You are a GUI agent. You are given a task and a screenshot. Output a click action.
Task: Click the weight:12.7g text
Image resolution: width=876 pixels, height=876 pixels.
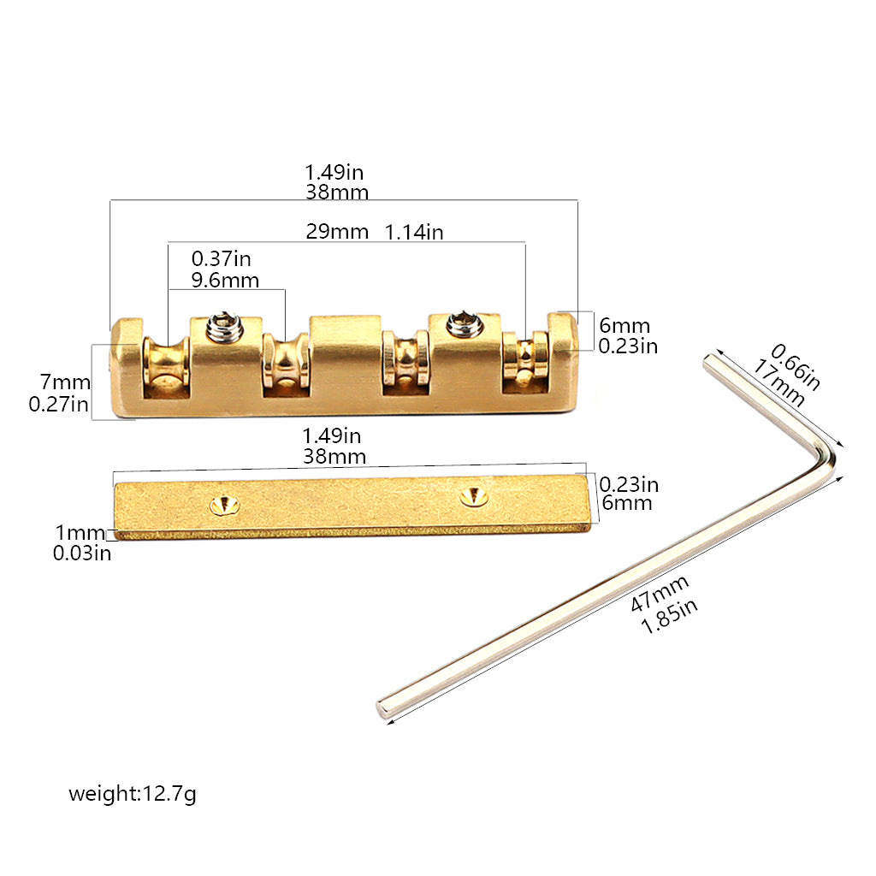pos(133,793)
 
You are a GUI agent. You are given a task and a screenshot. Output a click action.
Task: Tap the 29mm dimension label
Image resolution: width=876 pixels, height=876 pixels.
pos(337,231)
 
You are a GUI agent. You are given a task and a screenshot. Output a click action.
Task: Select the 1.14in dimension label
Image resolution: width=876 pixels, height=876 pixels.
pos(414,232)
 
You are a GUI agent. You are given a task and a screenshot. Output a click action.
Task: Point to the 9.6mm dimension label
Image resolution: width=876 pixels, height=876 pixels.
pos(225,280)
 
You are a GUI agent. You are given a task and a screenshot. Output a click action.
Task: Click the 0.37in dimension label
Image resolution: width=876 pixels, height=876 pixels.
pos(222,258)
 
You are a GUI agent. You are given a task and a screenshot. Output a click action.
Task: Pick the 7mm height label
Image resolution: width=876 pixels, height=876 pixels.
pos(65,382)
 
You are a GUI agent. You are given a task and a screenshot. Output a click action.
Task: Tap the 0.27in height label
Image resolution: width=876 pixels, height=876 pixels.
pos(59,404)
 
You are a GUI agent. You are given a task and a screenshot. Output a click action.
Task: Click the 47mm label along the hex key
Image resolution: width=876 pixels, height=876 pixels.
pos(660,593)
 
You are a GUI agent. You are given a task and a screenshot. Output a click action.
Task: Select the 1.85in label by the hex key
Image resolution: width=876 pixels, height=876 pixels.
pos(669,616)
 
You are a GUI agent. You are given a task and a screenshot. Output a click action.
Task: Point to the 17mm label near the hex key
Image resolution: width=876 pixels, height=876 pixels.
pos(778,382)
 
